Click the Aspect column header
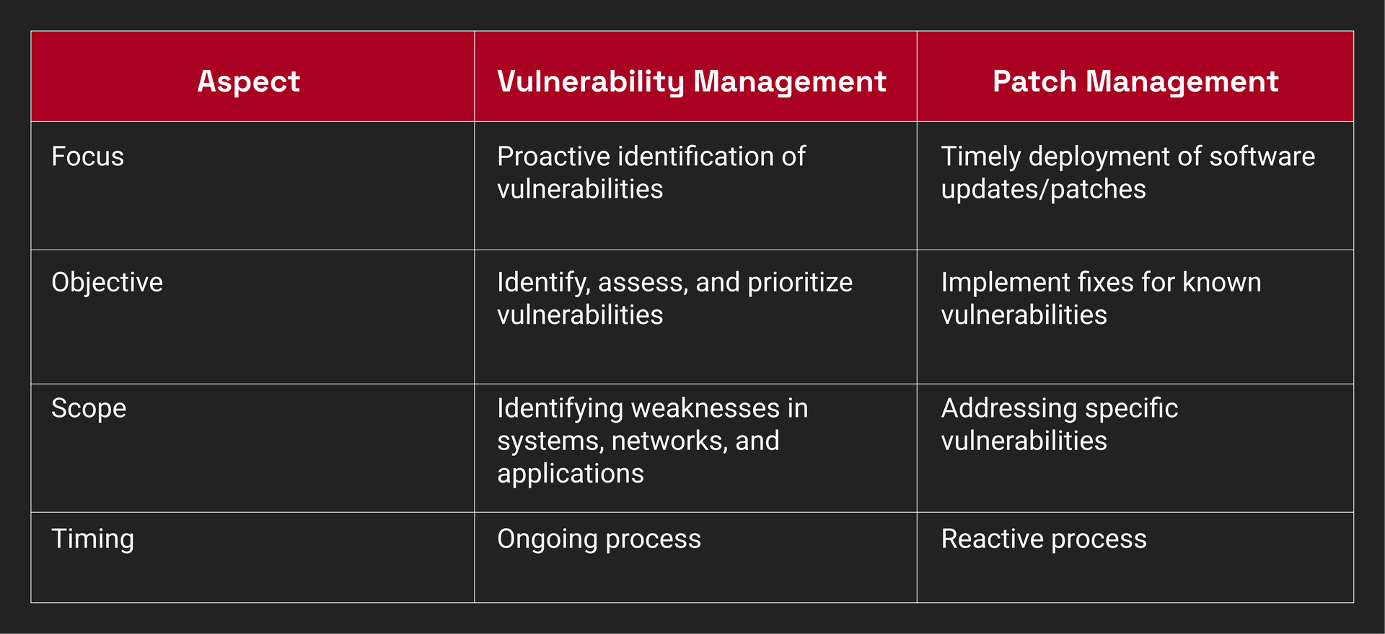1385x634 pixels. (x=249, y=81)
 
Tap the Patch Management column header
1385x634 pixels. (x=1135, y=81)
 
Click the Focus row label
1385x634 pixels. (x=87, y=157)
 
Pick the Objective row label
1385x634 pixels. (x=107, y=283)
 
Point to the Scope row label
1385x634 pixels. (x=89, y=409)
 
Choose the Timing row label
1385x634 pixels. (x=92, y=540)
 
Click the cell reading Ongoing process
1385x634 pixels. (x=599, y=540)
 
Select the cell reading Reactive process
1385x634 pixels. (x=1044, y=539)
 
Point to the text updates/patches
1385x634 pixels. (x=1043, y=190)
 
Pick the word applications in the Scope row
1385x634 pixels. (x=571, y=474)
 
